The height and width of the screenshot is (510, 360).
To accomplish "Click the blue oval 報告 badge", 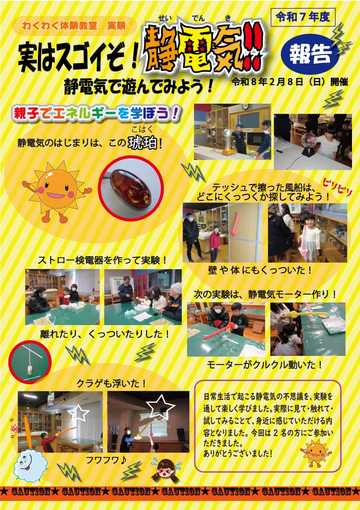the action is (310, 54).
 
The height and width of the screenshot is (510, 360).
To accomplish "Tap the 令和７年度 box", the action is (303, 17).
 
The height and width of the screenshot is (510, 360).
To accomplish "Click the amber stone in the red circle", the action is (130, 188).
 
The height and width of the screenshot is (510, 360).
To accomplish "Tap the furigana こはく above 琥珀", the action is (142, 129).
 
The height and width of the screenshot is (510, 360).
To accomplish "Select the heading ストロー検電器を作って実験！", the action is (102, 260).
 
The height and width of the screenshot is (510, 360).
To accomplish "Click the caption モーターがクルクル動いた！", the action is (265, 365).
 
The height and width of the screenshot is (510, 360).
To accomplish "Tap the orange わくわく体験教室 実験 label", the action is (74, 26).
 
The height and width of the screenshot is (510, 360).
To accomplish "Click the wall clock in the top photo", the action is (245, 106).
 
